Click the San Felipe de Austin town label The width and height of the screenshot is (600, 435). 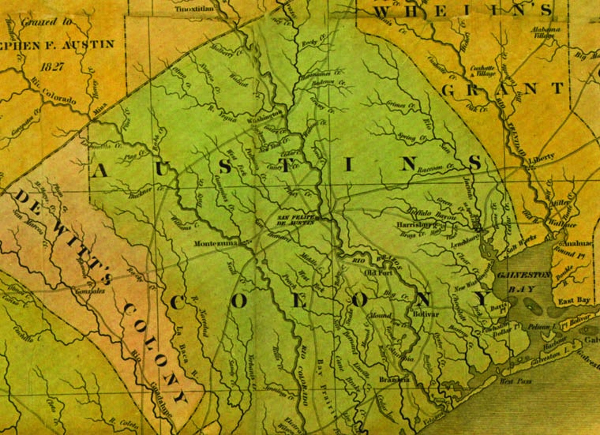pos(296,220)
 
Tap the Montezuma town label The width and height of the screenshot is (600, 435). pos(216,244)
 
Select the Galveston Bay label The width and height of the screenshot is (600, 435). pos(523,282)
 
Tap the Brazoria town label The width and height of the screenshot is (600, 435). pos(394,379)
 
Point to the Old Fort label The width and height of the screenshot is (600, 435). pos(379,272)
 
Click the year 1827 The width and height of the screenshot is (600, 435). pos(53,67)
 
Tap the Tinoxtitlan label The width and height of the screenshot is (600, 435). pos(194,8)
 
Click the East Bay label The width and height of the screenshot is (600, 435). pos(574,301)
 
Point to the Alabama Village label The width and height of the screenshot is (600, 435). pos(546,33)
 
